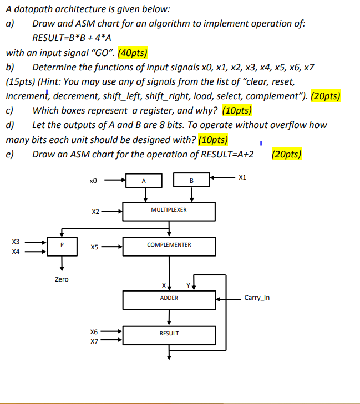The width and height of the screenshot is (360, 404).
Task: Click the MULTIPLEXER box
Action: click(x=169, y=211)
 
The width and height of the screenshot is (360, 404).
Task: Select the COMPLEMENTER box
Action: click(x=169, y=245)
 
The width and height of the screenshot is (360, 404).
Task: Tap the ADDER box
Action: click(x=169, y=298)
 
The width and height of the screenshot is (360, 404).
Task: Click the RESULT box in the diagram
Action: click(x=169, y=334)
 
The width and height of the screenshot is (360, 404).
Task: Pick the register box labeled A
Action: click(x=144, y=181)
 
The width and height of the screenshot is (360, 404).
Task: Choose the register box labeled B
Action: click(x=191, y=181)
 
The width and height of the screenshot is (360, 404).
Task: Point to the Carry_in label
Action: click(x=257, y=298)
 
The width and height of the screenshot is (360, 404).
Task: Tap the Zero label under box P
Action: click(x=62, y=279)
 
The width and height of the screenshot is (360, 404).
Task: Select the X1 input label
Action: click(x=241, y=178)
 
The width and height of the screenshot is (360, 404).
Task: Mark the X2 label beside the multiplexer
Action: click(x=95, y=211)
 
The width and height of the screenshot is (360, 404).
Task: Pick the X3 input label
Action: click(x=16, y=241)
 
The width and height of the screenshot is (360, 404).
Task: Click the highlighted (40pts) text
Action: click(x=132, y=54)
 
